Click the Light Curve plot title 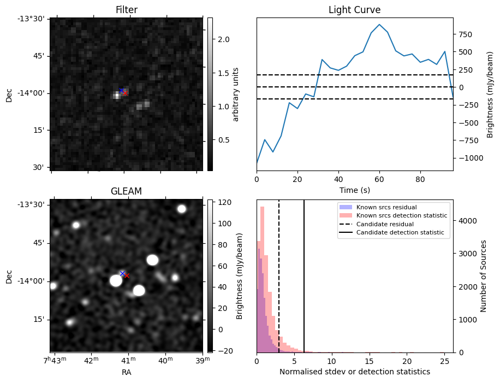pos(354,10)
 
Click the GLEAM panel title pos(126,191)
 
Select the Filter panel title pos(126,10)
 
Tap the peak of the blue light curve pos(379,25)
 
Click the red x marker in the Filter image pos(125,93)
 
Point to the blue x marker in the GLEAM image pos(122,273)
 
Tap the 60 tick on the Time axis pos(379,178)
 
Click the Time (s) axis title pos(354,189)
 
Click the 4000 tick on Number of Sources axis pos(466,221)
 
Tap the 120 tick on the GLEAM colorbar pos(224,202)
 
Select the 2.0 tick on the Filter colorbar pos(224,39)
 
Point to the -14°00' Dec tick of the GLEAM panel pos(36,281)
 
